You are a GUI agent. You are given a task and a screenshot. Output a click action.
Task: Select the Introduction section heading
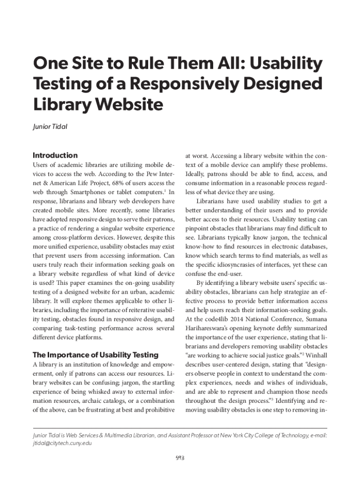tap(55, 155)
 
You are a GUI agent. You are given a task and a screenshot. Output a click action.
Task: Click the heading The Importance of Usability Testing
tap(95, 355)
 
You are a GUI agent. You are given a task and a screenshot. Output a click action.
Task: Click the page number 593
tap(180, 457)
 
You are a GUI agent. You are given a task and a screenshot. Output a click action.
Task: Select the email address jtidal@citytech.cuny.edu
tap(62, 443)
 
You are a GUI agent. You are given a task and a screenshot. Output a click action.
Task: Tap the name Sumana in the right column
tap(313, 319)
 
